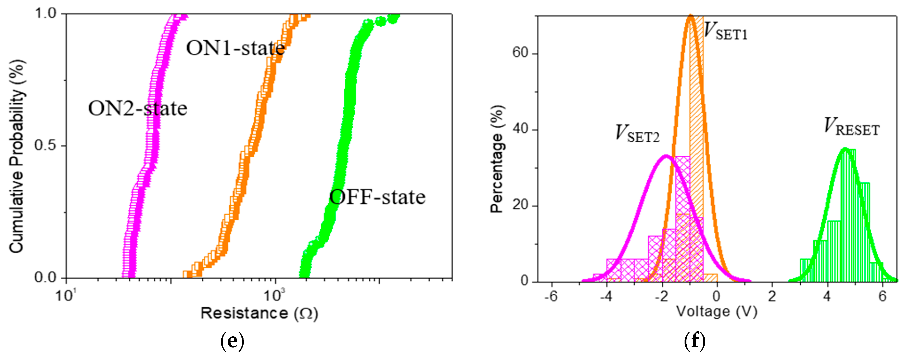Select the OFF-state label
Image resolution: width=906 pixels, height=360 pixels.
click(377, 197)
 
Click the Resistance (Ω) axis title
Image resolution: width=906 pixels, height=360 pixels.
click(259, 313)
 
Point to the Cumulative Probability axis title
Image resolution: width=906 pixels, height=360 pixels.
click(17, 156)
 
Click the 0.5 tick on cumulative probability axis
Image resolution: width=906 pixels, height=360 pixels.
click(46, 146)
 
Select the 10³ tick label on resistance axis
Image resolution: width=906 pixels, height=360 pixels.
click(275, 295)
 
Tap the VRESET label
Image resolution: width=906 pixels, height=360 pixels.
click(851, 127)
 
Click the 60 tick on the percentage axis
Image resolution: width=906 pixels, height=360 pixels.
click(521, 53)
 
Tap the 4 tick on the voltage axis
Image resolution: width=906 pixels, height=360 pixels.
click(827, 296)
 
